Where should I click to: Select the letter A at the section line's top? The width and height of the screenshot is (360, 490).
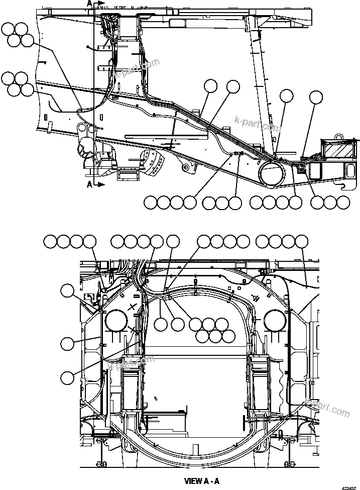89,3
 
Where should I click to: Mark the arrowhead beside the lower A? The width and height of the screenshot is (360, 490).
101,185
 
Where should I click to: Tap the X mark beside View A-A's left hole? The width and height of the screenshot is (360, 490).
132,307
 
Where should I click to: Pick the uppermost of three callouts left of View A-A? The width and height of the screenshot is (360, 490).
68,290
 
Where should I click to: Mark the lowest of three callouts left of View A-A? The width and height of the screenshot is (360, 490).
68,376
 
